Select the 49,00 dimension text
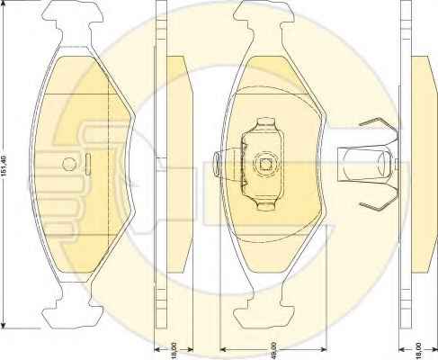[x=273, y=350]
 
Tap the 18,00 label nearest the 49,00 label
[x=174, y=350]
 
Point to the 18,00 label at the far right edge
[x=419, y=350]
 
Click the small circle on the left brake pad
[x=69, y=164]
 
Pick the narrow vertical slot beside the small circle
[x=88, y=164]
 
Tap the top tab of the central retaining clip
[x=266, y=123]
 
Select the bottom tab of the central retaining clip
[x=265, y=204]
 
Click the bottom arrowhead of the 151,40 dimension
[x=4, y=325]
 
